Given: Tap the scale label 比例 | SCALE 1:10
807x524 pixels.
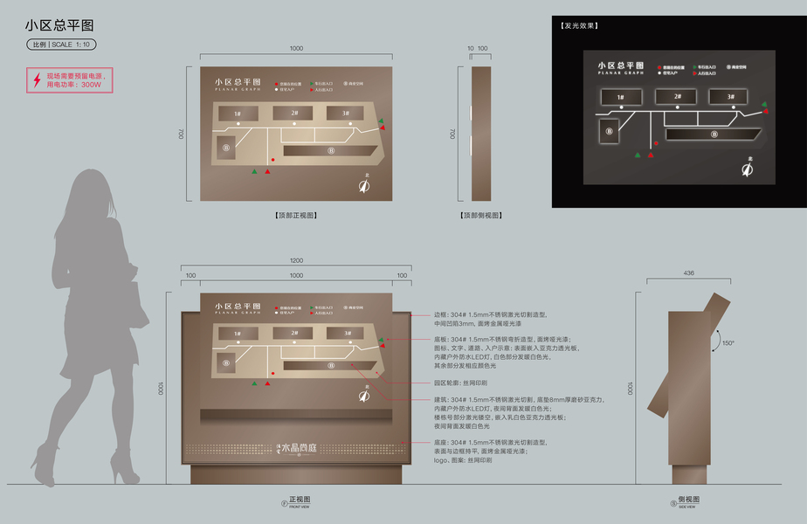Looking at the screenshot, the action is point(61,45).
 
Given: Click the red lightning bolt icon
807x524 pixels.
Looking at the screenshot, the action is point(37,80).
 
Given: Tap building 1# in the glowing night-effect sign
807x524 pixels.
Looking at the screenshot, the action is point(621,97).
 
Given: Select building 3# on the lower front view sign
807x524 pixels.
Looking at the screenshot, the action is point(346,333).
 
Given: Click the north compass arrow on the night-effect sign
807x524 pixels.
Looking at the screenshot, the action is point(748,169).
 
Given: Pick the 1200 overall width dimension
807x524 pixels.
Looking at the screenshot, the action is point(296,261).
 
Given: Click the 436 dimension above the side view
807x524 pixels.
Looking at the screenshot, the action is point(688,273).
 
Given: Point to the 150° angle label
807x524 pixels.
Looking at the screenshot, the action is point(728,343).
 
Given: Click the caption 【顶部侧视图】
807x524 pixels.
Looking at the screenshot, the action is point(480,214).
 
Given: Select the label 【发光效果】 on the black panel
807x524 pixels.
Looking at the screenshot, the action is point(579,26).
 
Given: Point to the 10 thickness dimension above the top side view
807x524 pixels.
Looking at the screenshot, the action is point(470,48).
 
